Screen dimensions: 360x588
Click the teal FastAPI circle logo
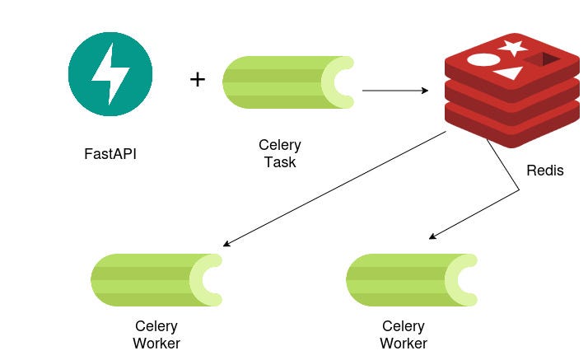(x=110, y=74)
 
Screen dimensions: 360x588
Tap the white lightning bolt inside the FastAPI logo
(x=110, y=75)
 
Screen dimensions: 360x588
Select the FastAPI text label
(x=110, y=154)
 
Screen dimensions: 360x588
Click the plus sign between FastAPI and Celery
(x=198, y=80)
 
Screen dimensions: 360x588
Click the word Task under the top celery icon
(x=280, y=162)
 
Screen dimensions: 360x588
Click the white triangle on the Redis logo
(x=508, y=75)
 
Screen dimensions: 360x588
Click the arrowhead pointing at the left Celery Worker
(x=226, y=244)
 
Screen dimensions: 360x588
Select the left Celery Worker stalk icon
(x=156, y=280)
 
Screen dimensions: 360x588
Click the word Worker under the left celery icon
(x=156, y=343)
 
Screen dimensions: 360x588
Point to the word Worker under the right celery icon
(x=404, y=344)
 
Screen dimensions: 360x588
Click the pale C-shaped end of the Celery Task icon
(x=338, y=82)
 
